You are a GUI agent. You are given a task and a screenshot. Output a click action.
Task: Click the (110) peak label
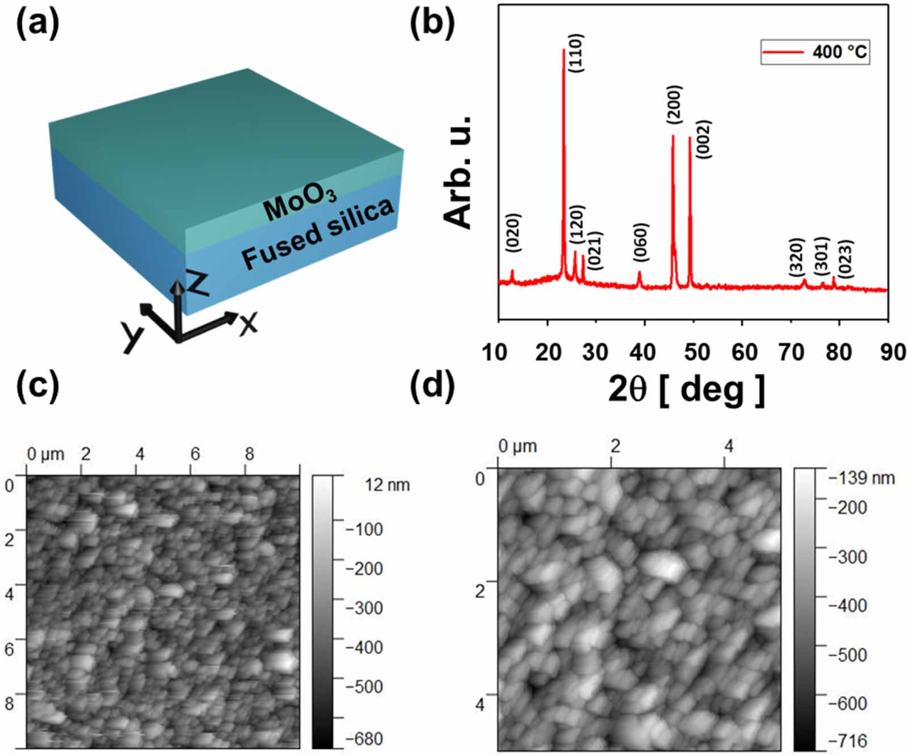576,53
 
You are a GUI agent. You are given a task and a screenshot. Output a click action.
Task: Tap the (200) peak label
674,105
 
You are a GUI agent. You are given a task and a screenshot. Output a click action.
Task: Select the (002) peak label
703,139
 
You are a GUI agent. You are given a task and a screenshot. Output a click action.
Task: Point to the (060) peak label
641,243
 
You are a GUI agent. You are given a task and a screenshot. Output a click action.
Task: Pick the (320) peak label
797,257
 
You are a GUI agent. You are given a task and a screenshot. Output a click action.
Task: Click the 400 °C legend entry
815,52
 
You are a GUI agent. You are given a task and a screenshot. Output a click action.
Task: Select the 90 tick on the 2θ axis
893,352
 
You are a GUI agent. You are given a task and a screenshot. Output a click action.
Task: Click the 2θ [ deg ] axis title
687,390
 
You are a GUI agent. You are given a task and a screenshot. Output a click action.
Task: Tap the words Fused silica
317,233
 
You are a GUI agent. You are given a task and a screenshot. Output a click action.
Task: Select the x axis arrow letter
248,323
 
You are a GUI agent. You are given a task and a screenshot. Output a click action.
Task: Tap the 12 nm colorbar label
387,485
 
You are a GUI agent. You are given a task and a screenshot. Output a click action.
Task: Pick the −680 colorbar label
365,739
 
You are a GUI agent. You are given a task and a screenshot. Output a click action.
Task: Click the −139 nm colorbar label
861,478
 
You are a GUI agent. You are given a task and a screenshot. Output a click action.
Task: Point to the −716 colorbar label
848,741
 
